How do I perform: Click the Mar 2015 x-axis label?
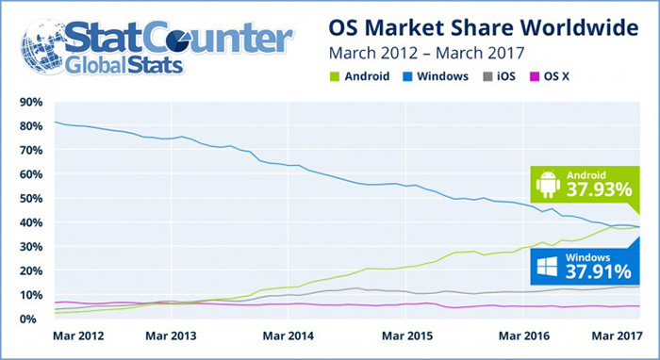(406, 335)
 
